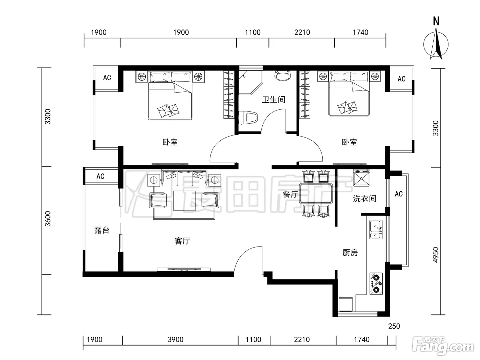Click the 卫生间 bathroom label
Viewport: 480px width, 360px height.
(274, 100)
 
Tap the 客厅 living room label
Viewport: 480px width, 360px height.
(182, 241)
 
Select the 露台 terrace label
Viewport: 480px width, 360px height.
(102, 230)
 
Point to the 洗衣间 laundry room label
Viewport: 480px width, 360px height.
(364, 199)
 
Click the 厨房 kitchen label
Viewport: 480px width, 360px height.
(350, 253)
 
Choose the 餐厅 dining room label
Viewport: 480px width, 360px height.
(290, 194)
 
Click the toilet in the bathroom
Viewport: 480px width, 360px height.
(248, 118)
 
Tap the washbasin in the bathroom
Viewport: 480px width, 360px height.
(283, 76)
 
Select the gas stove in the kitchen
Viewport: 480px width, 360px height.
(376, 284)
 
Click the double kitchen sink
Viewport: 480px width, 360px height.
(376, 229)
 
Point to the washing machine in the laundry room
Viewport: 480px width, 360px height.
(361, 178)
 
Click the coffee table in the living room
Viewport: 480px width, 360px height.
(184, 201)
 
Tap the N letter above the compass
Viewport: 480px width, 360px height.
(436, 21)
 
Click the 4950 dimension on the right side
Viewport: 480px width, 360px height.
(436, 255)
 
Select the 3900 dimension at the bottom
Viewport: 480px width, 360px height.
(176, 339)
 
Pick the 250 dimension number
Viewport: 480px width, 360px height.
(394, 326)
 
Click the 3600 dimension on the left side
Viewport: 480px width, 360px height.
(47, 219)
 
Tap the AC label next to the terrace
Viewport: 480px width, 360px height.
(100, 176)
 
